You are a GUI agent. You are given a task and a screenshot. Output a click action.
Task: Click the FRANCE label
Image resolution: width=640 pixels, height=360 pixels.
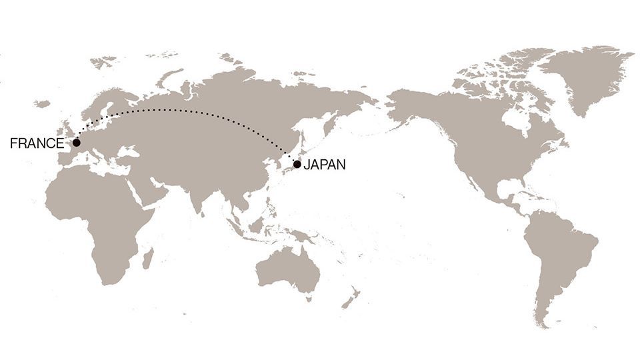(37, 143)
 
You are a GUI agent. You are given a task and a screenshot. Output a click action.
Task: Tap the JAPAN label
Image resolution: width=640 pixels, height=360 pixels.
(325, 165)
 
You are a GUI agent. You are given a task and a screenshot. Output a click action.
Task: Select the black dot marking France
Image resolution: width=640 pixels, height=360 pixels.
(77, 143)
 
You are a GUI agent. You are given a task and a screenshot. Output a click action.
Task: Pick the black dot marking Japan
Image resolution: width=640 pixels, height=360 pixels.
(297, 164)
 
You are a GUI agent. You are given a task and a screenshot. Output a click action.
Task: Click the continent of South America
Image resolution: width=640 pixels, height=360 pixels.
(557, 260)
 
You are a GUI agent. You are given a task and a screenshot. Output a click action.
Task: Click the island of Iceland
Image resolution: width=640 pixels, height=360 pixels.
(43, 104)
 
